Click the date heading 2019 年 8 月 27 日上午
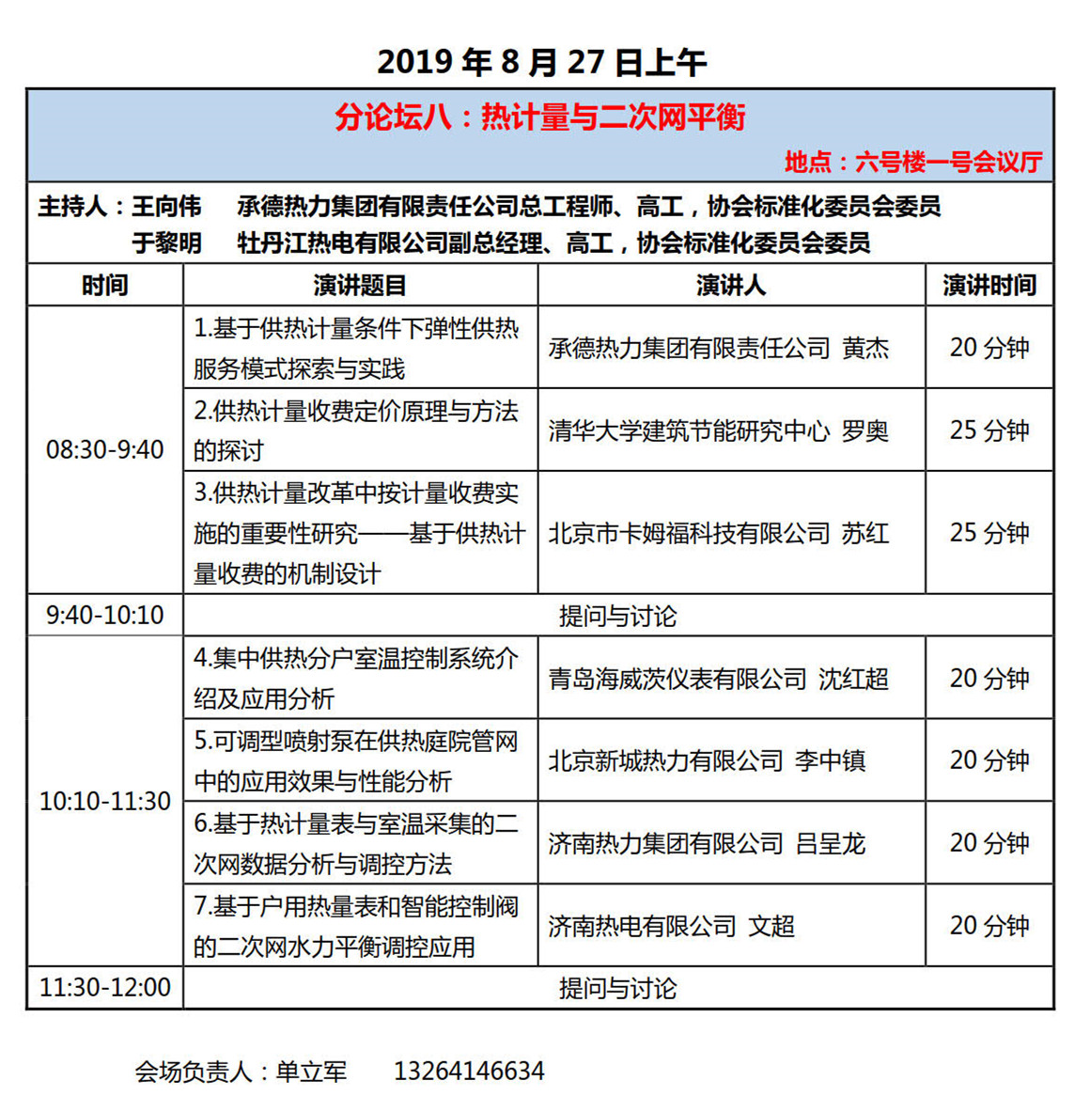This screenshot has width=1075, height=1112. [541, 62]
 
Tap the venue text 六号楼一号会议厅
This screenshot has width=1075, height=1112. [948, 162]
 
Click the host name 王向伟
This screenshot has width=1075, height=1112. [166, 206]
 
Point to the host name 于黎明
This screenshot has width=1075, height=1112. [166, 243]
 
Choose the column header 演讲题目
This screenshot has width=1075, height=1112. [360, 285]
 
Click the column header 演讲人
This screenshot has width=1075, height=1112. [730, 285]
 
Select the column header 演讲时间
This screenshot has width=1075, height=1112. [989, 285]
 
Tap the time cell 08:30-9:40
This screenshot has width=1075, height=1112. [104, 449]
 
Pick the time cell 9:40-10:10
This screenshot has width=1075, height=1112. [104, 615]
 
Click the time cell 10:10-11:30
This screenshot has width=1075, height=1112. [104, 801]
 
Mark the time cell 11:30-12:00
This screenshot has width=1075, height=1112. [104, 987]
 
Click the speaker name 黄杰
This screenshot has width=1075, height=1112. [865, 348]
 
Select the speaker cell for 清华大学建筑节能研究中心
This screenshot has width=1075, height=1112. [718, 431]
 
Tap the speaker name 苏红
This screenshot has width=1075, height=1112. [865, 533]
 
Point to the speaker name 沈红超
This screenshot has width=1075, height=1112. [853, 679]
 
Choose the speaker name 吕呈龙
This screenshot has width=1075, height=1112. [830, 843]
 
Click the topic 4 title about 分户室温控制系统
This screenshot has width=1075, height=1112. [356, 678]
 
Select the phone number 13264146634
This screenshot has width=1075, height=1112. [469, 1071]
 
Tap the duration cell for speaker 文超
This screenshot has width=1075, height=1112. [989, 926]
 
